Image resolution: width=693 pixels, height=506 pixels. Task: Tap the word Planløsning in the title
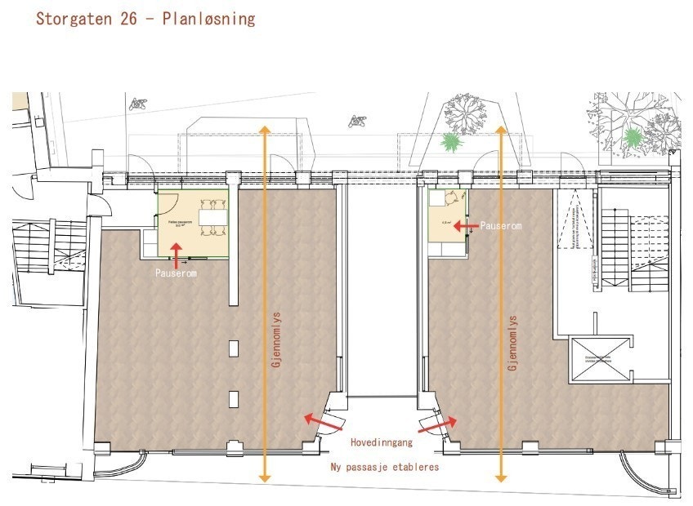(x=210, y=18)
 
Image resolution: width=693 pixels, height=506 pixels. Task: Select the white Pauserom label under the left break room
(x=176, y=274)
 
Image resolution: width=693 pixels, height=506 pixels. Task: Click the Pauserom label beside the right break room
(x=501, y=225)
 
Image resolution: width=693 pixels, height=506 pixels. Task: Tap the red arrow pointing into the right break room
(x=466, y=225)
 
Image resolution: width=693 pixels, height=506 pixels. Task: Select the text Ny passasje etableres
(x=385, y=468)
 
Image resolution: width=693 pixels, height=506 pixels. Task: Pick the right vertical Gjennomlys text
(x=513, y=344)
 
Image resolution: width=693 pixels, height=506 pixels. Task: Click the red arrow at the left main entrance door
(x=318, y=419)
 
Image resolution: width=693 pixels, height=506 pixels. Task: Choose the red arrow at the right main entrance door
(x=440, y=424)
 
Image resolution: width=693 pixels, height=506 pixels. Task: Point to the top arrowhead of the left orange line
(x=263, y=130)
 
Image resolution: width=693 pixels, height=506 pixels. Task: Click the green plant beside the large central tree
(x=451, y=142)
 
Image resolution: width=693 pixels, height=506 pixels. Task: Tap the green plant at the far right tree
(x=633, y=135)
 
